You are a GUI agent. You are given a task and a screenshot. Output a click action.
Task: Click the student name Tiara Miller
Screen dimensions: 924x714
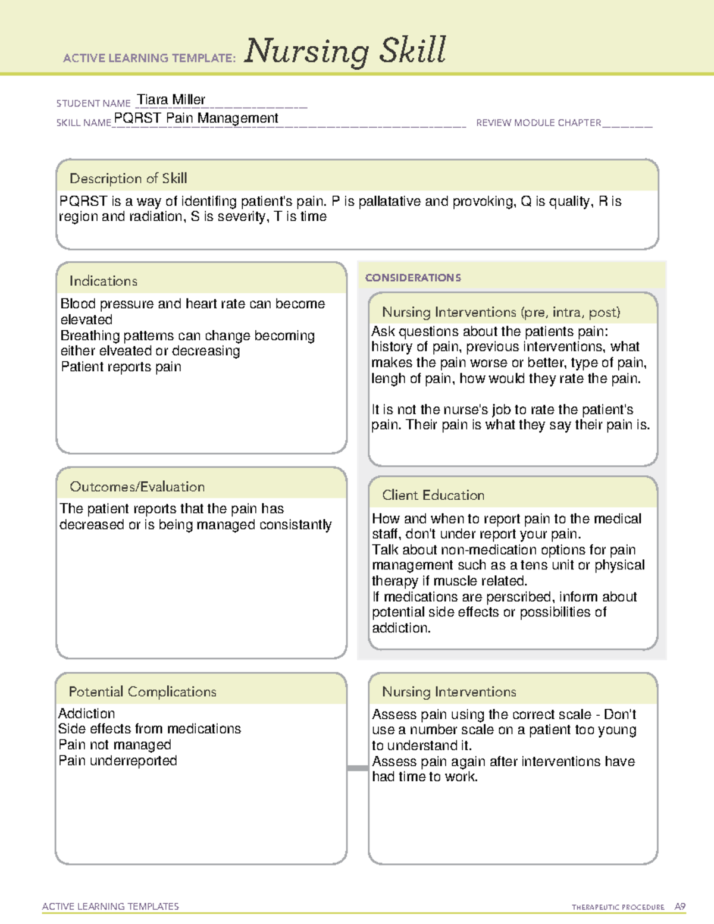click(171, 99)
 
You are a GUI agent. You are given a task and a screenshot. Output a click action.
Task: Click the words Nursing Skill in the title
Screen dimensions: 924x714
click(345, 51)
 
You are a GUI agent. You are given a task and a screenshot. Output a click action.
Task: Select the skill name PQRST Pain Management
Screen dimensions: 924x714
click(196, 118)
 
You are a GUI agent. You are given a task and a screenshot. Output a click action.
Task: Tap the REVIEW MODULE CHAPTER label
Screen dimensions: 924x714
click(538, 123)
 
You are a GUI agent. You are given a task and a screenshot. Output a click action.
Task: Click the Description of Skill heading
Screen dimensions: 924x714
click(128, 178)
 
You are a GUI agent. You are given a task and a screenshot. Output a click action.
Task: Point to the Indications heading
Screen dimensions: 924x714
click(103, 281)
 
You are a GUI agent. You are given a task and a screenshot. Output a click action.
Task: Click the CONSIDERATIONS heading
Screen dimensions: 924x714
click(413, 278)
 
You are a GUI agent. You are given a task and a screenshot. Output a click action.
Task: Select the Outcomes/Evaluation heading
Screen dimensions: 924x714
click(137, 487)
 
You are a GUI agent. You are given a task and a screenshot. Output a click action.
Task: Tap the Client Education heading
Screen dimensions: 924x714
click(433, 495)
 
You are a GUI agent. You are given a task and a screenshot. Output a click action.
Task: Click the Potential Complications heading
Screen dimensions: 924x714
click(142, 691)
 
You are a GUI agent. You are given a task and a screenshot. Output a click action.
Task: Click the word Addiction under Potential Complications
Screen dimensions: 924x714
click(87, 713)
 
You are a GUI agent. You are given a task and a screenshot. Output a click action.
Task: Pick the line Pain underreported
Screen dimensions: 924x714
click(117, 760)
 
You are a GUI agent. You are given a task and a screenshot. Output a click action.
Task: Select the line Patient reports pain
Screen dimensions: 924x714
click(121, 367)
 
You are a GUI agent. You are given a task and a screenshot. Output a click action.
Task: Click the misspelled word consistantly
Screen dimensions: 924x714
click(295, 525)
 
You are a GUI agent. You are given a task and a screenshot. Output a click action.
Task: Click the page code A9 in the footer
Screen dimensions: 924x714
click(679, 907)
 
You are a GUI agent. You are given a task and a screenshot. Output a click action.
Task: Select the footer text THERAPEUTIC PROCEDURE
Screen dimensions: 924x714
click(618, 907)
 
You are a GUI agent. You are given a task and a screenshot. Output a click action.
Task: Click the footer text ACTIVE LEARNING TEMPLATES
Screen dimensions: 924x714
click(110, 906)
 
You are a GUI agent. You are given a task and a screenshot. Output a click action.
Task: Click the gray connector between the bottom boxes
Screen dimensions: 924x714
click(357, 768)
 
